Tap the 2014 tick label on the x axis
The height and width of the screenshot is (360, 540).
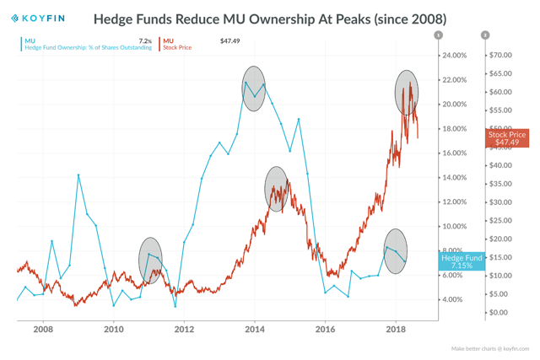tap(255, 330)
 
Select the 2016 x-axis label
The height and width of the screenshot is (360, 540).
tap(326, 330)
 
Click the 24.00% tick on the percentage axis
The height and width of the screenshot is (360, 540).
tap(454, 56)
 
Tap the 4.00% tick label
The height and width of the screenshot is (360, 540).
tap(451, 300)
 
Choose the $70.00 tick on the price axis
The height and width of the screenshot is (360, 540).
tap(500, 56)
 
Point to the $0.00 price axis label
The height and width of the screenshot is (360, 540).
tap(499, 313)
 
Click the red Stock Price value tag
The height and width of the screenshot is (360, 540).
tap(507, 138)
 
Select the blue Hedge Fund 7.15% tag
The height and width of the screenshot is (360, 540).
tap(462, 261)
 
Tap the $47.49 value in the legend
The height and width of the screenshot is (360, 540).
tap(229, 40)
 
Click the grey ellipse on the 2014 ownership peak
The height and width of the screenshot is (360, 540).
tap(254, 89)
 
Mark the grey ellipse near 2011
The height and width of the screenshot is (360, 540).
tap(150, 260)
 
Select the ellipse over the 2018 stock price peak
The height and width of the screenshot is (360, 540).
tap(407, 93)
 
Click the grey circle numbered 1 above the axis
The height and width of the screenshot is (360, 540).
tap(438, 35)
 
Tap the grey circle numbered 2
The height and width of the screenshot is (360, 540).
tap(485, 35)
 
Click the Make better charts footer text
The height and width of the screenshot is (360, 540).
tap(490, 348)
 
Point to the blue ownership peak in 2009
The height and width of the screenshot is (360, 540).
tap(78, 175)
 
